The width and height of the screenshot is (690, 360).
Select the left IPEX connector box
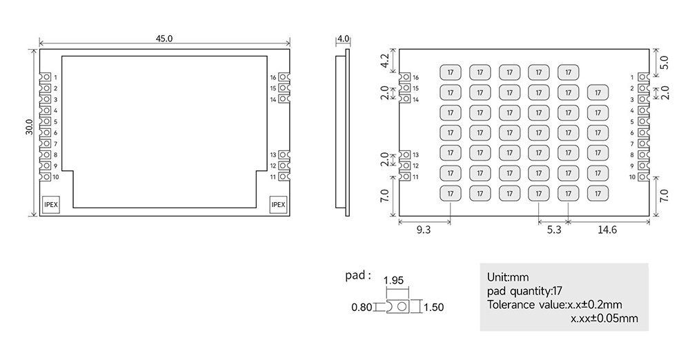51,204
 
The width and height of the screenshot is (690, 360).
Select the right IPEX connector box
278,204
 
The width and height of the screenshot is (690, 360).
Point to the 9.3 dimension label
424,231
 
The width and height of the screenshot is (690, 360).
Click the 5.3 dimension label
553,231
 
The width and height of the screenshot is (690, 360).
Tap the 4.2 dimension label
385,61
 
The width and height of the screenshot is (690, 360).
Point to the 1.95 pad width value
393,281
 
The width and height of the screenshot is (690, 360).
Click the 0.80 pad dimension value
361,307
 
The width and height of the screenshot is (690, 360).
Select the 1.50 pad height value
433,307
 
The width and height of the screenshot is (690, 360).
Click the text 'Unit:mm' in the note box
508,277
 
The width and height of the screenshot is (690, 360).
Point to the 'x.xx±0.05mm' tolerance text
604,318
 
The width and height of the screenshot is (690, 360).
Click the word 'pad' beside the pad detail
357,275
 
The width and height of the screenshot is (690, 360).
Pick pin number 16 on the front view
273,77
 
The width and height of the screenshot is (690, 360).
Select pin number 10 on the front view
56,177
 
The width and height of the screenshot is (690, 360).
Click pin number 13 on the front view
273,154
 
